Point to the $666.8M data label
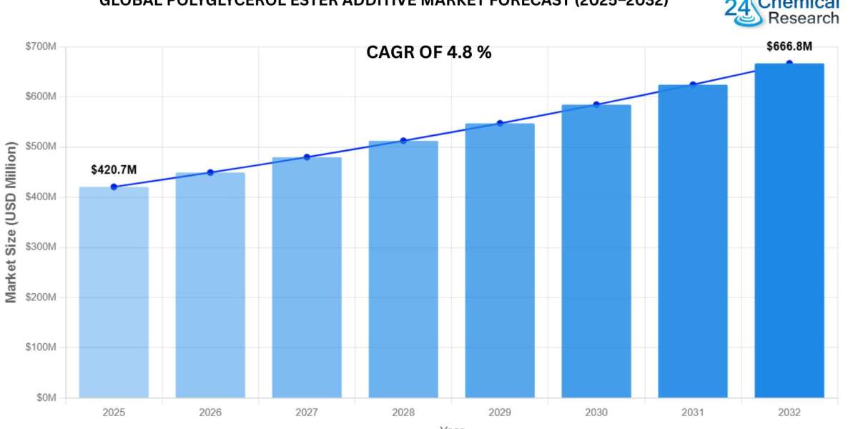pos(789,46)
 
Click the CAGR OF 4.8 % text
pos(429,52)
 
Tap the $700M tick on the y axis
pos(41,46)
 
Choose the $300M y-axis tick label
pos(41,247)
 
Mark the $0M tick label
pos(45,398)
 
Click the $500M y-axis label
pos(41,147)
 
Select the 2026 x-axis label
pos(210,413)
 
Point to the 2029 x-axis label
pos(500,413)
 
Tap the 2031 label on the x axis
pos(693,413)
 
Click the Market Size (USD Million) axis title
pos(11,222)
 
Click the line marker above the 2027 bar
pos(307,157)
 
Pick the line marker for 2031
pos(693,84)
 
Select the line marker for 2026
pos(210,172)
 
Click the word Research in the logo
pos(804,18)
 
